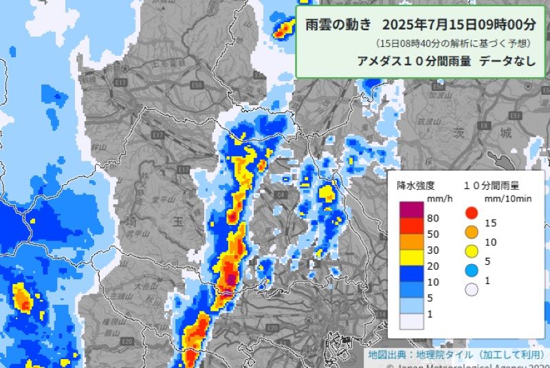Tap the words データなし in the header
507,60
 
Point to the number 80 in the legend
432,218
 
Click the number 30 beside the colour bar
432,251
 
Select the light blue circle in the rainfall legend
470,270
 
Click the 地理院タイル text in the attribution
443,355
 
